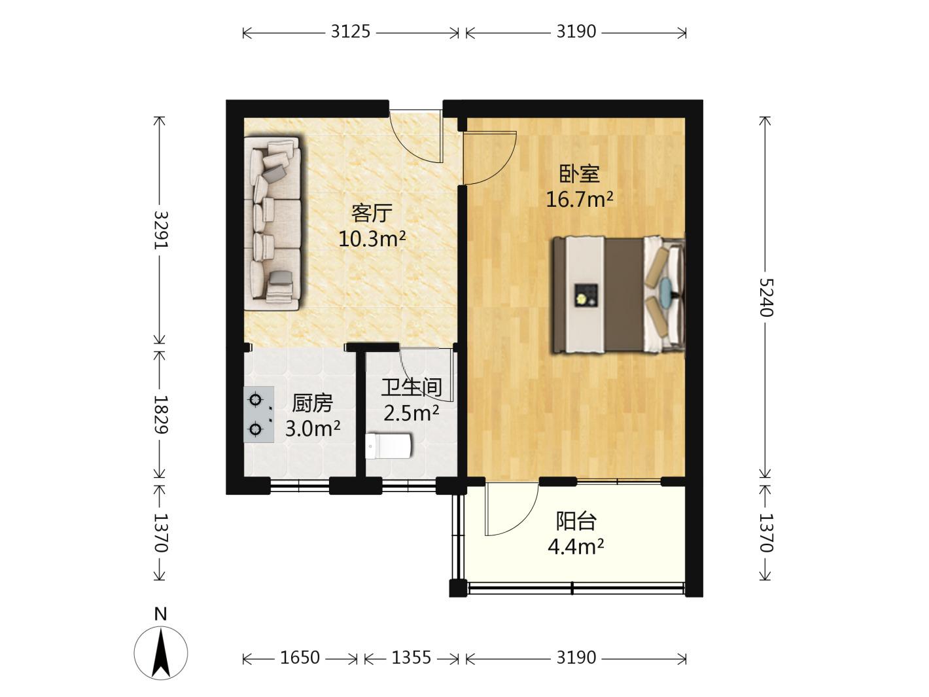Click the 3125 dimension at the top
(350, 31)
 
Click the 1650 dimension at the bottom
(300, 657)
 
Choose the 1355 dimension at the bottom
(411, 657)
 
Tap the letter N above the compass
(161, 614)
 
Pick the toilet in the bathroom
(388, 446)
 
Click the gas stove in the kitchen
(258, 414)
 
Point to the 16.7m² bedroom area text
(580, 199)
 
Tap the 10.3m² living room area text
(372, 238)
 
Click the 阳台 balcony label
(576, 521)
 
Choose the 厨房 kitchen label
(312, 403)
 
